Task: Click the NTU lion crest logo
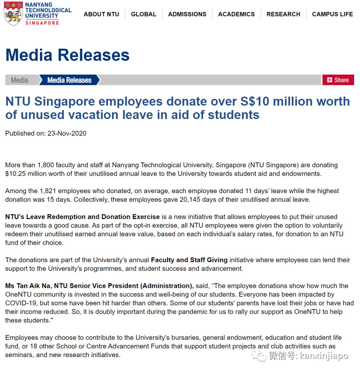pyautogui.click(x=14, y=14)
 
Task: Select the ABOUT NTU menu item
pyautogui.click(x=101, y=14)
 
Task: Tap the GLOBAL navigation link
pyautogui.click(x=144, y=14)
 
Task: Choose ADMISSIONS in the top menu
pyautogui.click(x=187, y=14)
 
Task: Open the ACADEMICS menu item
pyautogui.click(x=236, y=14)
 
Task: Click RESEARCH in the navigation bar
pyautogui.click(x=283, y=14)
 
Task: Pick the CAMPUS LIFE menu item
pyautogui.click(x=332, y=14)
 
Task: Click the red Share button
pyautogui.click(x=338, y=80)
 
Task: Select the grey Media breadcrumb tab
pyautogui.click(x=20, y=80)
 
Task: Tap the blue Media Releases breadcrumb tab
pyautogui.click(x=69, y=80)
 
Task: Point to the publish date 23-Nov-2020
pyautogui.click(x=67, y=134)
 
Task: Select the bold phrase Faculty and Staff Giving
pyautogui.click(x=189, y=260)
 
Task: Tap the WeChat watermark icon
pyautogui.click(x=261, y=356)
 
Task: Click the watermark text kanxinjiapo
pyautogui.click(x=324, y=356)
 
